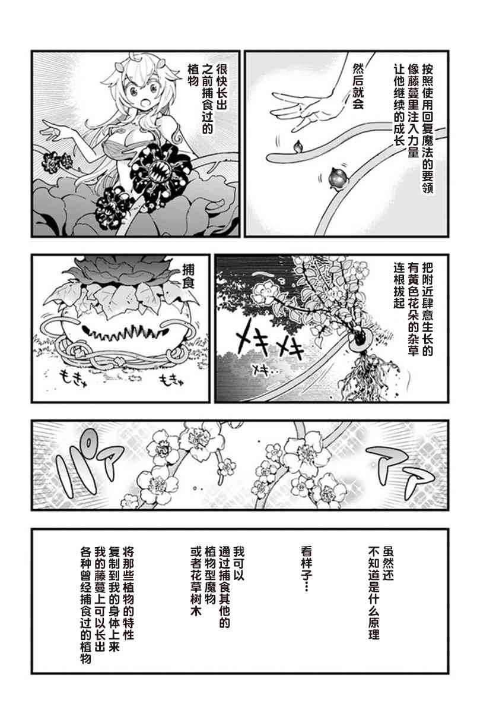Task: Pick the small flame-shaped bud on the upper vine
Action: [298, 146]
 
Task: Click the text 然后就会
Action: [358, 87]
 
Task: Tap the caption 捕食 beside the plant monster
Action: [189, 277]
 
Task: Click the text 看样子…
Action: [307, 569]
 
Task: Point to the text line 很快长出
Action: [221, 87]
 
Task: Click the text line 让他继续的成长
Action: [400, 105]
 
